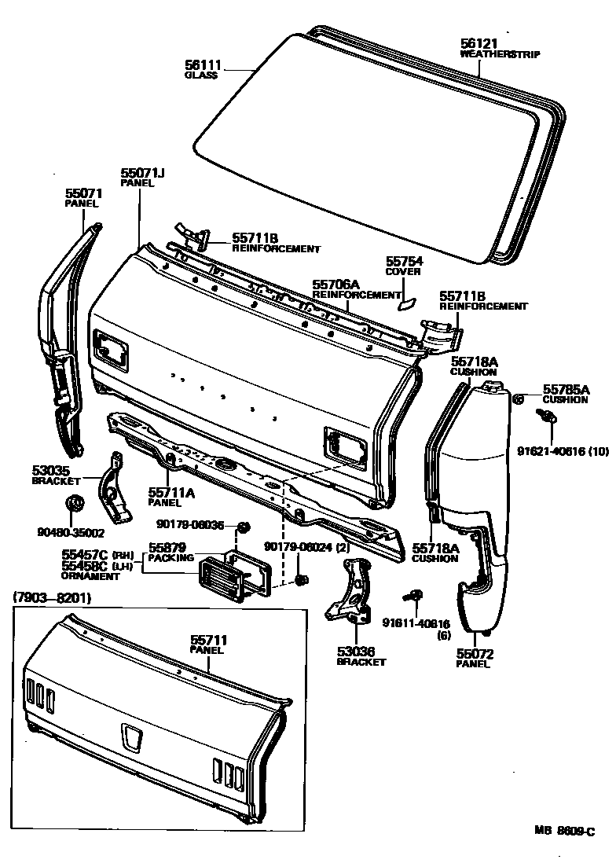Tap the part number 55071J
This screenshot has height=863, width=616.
click(142, 172)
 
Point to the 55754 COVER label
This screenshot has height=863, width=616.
click(403, 266)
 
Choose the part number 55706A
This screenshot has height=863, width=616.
click(335, 285)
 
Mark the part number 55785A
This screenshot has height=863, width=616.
click(566, 389)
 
